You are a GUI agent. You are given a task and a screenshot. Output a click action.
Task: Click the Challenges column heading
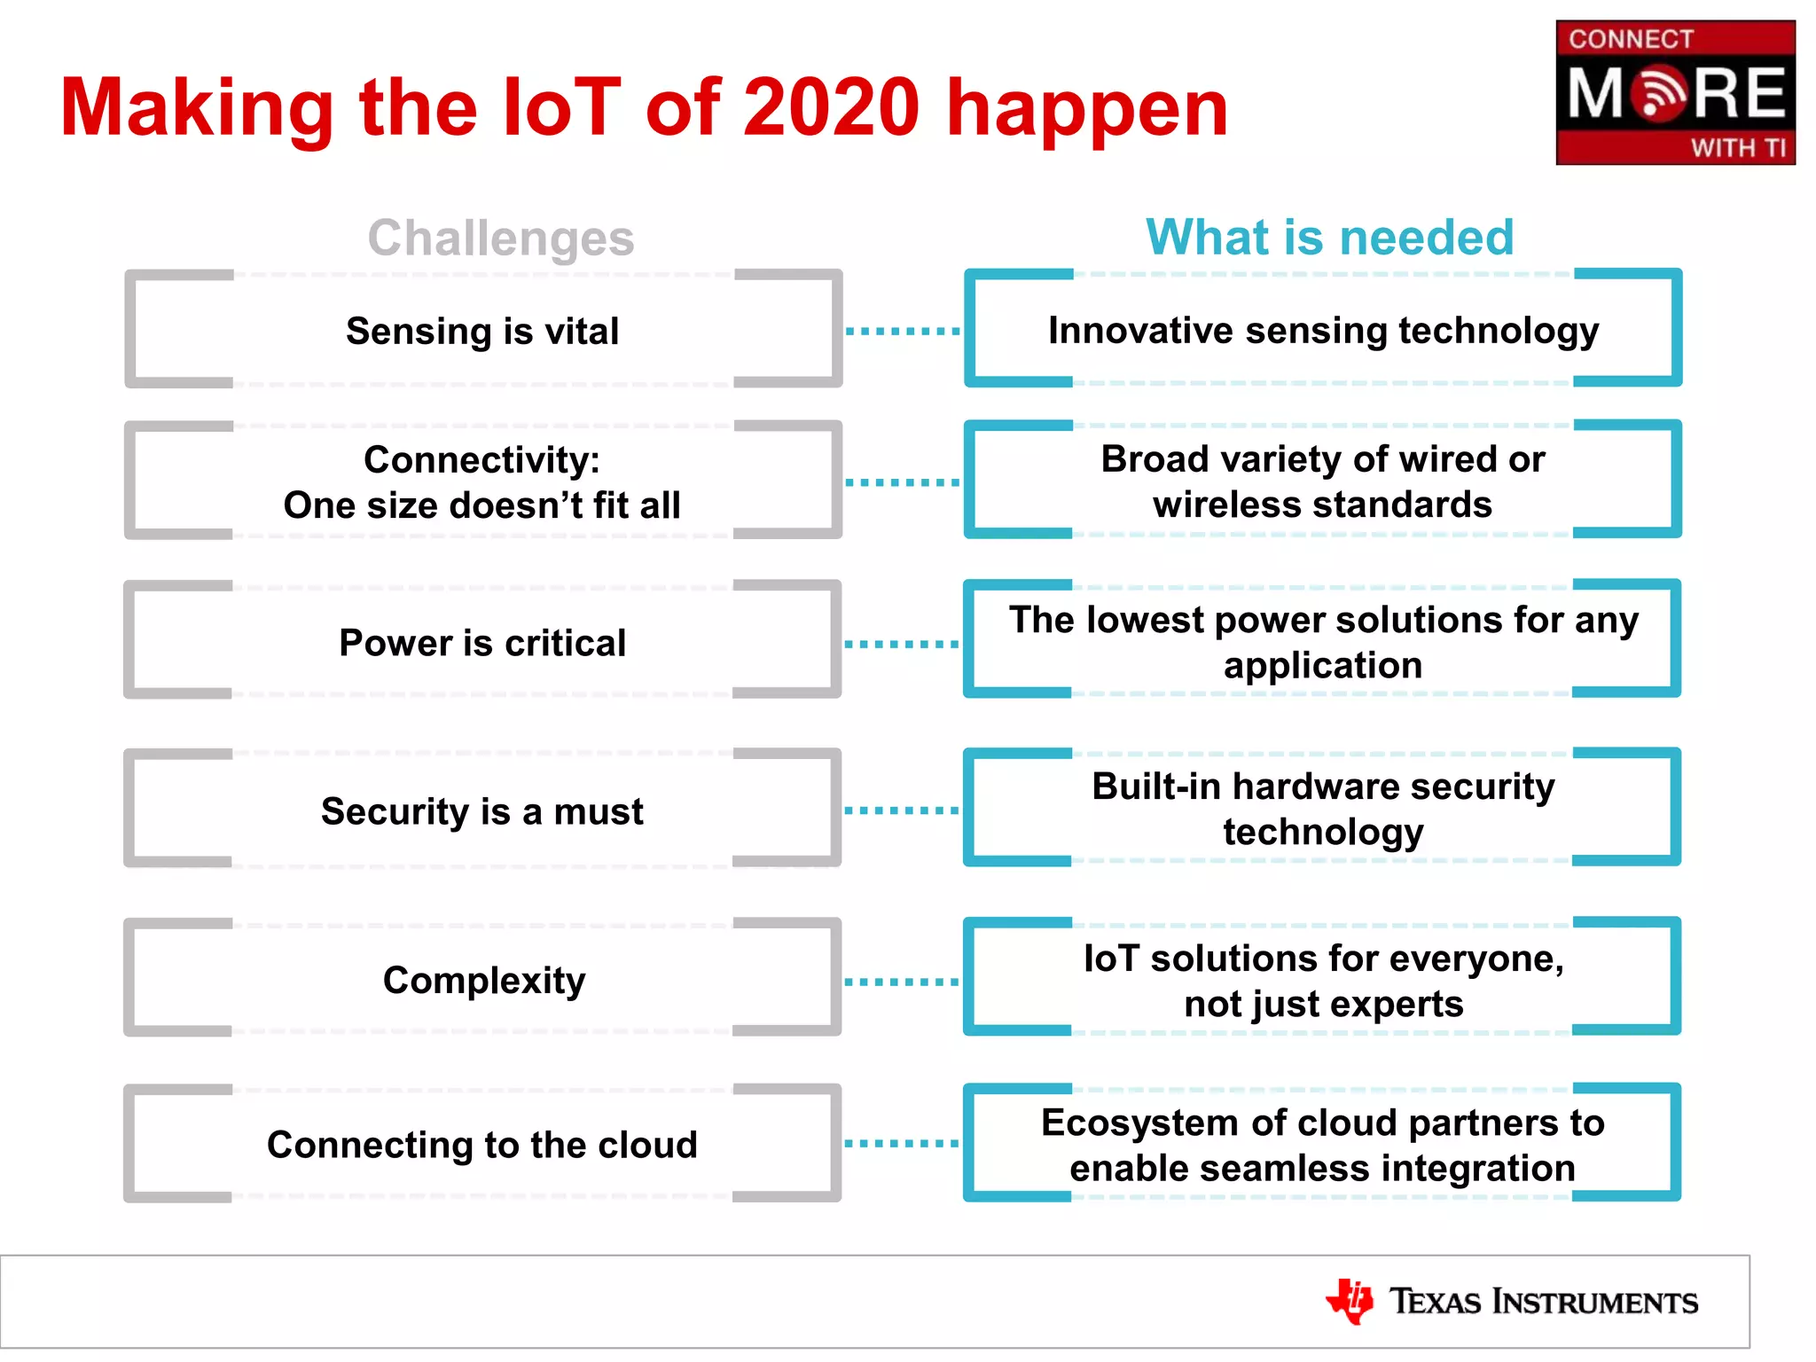(501, 238)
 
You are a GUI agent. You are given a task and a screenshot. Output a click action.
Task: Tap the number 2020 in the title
(831, 107)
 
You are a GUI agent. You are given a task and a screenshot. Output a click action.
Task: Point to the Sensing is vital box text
(482, 331)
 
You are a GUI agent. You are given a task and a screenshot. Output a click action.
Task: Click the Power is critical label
(482, 643)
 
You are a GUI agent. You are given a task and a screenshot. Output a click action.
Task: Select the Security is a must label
(482, 811)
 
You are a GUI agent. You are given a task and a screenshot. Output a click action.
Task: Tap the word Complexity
(484, 980)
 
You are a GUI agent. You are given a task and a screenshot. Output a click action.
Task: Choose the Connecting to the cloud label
(482, 1145)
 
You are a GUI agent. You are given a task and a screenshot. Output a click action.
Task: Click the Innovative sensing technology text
(1323, 330)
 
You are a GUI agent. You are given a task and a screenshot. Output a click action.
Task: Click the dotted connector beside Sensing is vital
(903, 331)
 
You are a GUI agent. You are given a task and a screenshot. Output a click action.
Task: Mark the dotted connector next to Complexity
(902, 982)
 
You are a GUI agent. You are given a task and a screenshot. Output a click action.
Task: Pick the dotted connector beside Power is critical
(902, 644)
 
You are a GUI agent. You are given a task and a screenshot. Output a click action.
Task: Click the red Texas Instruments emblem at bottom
(1350, 1301)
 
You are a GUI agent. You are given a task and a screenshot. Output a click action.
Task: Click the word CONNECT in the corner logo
(1631, 39)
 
